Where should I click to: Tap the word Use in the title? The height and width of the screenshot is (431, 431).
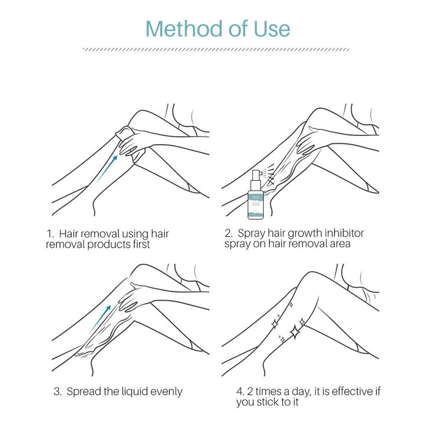(272, 29)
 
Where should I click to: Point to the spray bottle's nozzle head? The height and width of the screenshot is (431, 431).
(256, 174)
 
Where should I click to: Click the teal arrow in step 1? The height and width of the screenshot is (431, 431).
(106, 168)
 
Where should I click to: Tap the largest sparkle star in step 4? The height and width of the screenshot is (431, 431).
(295, 333)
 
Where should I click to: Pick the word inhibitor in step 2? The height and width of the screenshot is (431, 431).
(342, 233)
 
